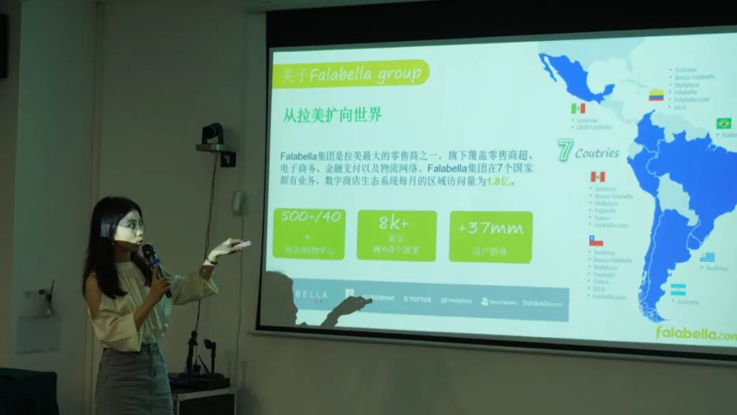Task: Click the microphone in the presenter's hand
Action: (151, 257)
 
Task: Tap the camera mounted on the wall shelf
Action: (213, 134)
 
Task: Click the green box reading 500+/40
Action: (309, 234)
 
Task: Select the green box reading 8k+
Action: (396, 235)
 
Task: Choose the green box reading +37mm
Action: (491, 236)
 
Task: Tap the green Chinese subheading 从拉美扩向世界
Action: (332, 115)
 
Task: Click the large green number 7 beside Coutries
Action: (564, 150)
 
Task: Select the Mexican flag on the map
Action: (578, 109)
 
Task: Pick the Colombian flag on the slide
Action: (656, 95)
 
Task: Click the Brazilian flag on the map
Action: (723, 124)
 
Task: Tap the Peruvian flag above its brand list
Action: (597, 177)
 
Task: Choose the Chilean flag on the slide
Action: (596, 241)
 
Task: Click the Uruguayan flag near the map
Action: (707, 257)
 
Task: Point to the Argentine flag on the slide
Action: (678, 289)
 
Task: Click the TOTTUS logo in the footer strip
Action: (417, 299)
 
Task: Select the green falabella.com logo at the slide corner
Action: (695, 333)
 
